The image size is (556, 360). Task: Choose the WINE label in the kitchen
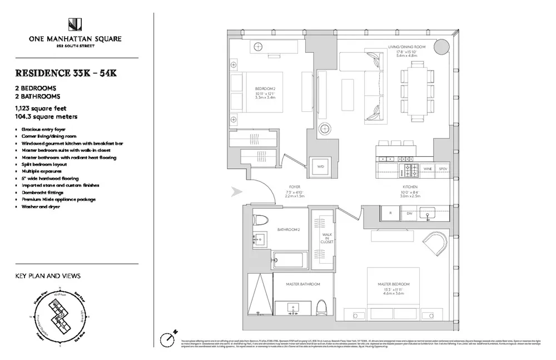(427, 167)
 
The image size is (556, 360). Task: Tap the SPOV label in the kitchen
(443, 167)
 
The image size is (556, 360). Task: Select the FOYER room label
(294, 186)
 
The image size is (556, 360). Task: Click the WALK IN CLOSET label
(326, 239)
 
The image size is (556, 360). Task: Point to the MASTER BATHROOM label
(302, 284)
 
